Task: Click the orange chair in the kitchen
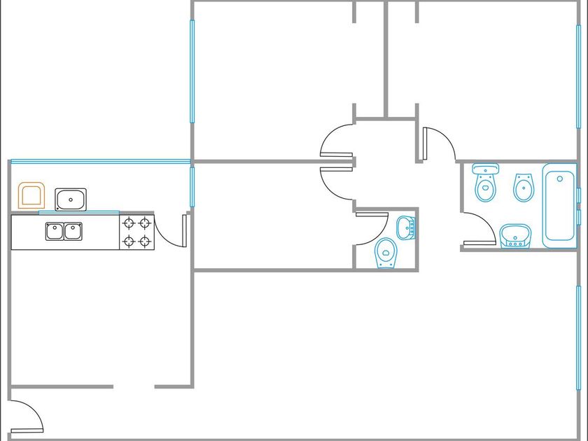(x=31, y=195)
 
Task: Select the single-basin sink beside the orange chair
(x=70, y=199)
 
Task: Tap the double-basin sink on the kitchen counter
(x=64, y=230)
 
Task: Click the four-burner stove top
(x=136, y=232)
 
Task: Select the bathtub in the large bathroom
(x=560, y=204)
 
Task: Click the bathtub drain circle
(x=560, y=178)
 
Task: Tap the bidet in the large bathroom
(x=523, y=187)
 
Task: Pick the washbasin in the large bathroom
(x=516, y=235)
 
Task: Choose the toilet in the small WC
(x=386, y=253)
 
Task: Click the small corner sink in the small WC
(x=406, y=227)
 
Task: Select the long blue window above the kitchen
(x=101, y=162)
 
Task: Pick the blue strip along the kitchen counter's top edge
(x=78, y=212)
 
